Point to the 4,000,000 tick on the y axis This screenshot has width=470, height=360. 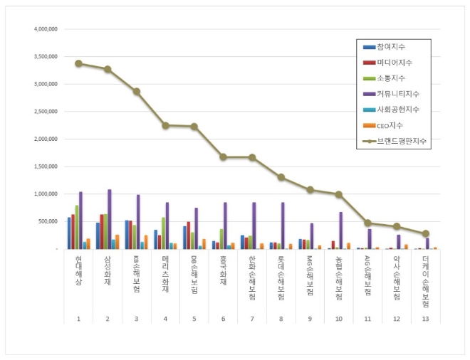click(x=46, y=30)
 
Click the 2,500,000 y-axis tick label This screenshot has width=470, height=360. click(x=46, y=112)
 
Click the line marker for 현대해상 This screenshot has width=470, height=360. click(x=78, y=63)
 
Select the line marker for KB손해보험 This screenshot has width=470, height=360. click(x=136, y=91)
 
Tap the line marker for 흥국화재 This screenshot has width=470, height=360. click(x=223, y=157)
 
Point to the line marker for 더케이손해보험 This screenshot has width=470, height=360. click(x=426, y=233)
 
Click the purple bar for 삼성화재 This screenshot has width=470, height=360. click(x=109, y=219)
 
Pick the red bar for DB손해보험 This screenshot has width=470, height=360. click(x=189, y=235)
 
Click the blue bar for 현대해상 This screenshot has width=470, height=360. click(x=69, y=233)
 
